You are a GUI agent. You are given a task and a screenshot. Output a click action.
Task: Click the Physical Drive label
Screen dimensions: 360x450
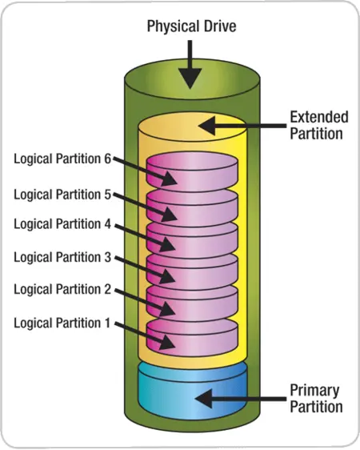tap(191, 26)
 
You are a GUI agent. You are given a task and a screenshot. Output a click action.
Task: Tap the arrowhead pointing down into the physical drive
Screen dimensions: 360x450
tap(190, 78)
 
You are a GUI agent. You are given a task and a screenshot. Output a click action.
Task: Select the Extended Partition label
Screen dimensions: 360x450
tap(319, 126)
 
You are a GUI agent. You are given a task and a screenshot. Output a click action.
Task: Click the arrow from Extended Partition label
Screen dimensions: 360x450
tap(242, 126)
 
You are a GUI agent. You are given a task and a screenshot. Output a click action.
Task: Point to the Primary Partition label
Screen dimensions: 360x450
tap(316, 398)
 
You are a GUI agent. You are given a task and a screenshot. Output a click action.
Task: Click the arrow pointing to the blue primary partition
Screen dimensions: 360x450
tap(240, 399)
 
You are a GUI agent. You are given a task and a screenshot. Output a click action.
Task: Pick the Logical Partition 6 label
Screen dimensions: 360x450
tap(62, 159)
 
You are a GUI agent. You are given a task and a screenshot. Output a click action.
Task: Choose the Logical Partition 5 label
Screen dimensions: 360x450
tap(62, 195)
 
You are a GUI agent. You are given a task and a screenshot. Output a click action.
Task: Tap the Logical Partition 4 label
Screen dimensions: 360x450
tap(62, 224)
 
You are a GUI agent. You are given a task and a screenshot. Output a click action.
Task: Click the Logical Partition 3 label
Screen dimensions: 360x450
tap(62, 257)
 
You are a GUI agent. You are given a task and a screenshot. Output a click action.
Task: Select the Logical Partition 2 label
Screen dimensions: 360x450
tap(62, 289)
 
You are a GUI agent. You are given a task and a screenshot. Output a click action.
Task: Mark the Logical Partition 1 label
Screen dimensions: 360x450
tap(62, 323)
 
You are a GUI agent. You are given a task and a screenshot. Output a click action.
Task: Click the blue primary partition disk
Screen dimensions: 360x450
tap(192, 392)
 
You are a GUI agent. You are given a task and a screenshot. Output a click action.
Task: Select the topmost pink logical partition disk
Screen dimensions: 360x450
tap(192, 173)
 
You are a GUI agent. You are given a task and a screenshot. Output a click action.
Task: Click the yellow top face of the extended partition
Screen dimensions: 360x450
tap(192, 127)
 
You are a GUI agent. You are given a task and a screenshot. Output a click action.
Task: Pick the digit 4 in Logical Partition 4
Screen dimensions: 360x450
tap(107, 223)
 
